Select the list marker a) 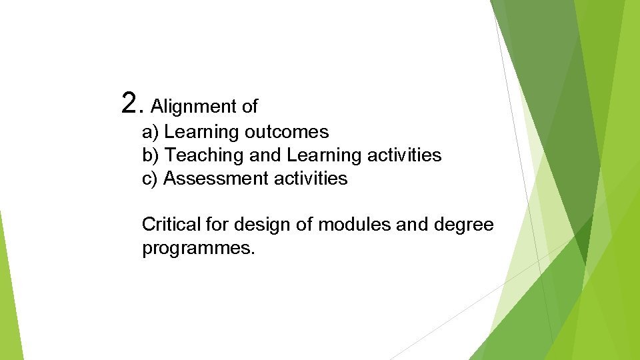tap(151, 132)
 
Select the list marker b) tap(151, 155)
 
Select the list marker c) tap(150, 179)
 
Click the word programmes tap(198, 249)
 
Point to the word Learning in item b tap(323, 156)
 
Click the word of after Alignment tap(250, 106)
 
